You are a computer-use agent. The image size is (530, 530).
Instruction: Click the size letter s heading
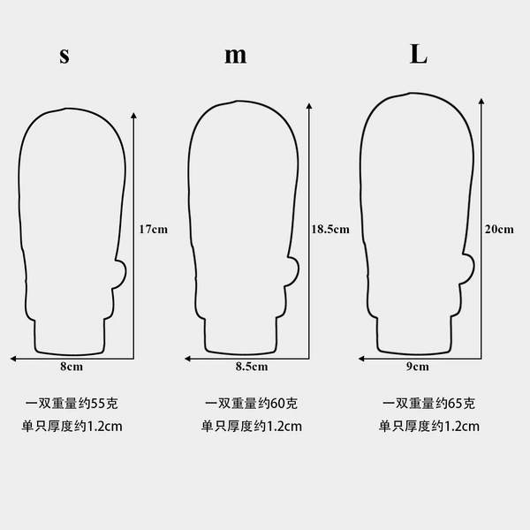(64, 56)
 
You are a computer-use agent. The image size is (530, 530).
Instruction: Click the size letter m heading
(236, 56)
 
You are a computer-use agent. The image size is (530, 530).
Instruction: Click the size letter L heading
(419, 54)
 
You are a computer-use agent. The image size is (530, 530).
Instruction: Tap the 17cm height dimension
(154, 230)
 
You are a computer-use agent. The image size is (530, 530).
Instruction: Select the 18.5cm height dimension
(330, 230)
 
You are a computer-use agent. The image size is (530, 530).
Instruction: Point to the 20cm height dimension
(499, 230)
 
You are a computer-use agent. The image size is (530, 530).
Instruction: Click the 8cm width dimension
(72, 367)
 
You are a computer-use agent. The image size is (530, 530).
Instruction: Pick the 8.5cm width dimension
(252, 367)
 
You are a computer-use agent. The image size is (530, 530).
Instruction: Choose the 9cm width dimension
(418, 367)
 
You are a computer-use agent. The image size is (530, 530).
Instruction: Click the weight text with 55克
(72, 404)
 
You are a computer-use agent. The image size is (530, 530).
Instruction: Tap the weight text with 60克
(251, 404)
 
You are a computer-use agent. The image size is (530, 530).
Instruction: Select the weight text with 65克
(428, 404)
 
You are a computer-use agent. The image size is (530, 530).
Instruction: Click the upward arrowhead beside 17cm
(134, 116)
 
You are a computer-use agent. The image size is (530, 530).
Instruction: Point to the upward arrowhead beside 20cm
(481, 101)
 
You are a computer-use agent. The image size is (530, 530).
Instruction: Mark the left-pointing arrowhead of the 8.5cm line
(187, 359)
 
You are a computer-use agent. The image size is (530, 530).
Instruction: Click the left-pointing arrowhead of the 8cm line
(13, 359)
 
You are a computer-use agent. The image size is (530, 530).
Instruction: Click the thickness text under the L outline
(429, 427)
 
